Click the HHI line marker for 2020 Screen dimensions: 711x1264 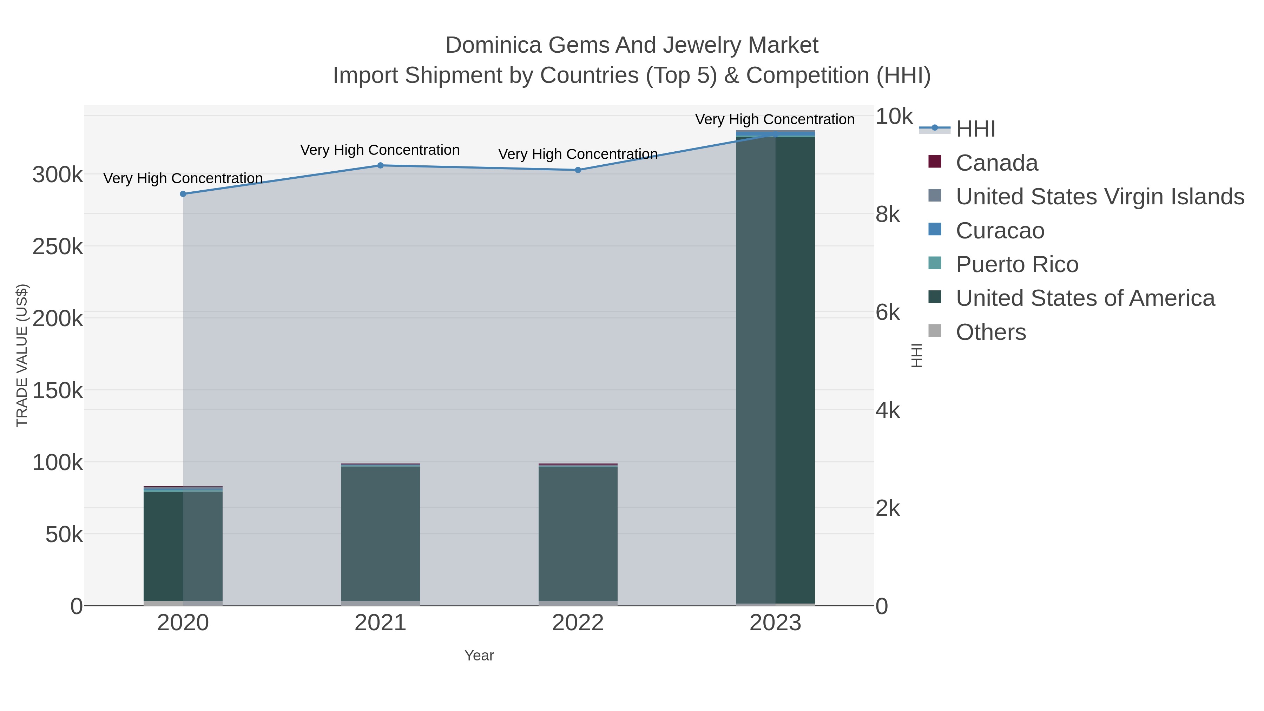183,194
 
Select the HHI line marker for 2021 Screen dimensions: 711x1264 380,165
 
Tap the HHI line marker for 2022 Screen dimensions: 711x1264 578,170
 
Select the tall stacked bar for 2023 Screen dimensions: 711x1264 775,368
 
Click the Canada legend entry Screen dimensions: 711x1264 996,163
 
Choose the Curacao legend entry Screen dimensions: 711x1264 1000,231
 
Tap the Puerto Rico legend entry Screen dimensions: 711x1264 1017,264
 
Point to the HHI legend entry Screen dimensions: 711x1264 975,129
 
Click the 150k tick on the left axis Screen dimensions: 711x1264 58,391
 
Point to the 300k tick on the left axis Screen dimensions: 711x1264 58,175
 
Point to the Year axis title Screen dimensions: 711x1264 479,656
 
